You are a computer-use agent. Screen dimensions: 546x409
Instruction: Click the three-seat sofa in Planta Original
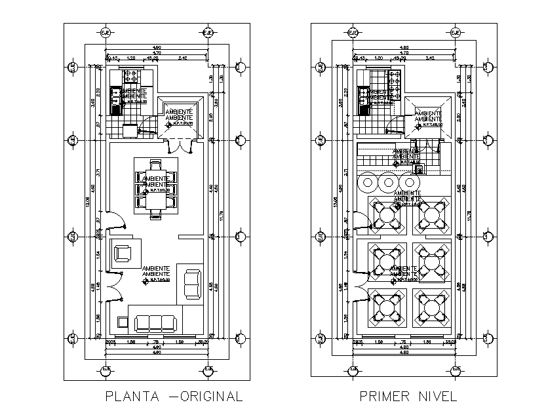tap(155, 322)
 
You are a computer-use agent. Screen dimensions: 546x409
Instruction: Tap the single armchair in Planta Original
tap(123, 253)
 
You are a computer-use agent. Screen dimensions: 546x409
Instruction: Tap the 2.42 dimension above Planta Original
tap(183, 59)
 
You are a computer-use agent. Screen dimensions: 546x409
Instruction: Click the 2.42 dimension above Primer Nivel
tap(430, 59)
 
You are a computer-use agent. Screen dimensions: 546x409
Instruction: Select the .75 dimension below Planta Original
tap(156, 341)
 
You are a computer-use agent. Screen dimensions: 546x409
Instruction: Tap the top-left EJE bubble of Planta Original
tap(105, 33)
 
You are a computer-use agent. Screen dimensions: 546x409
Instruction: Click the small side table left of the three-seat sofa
tap(123, 321)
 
